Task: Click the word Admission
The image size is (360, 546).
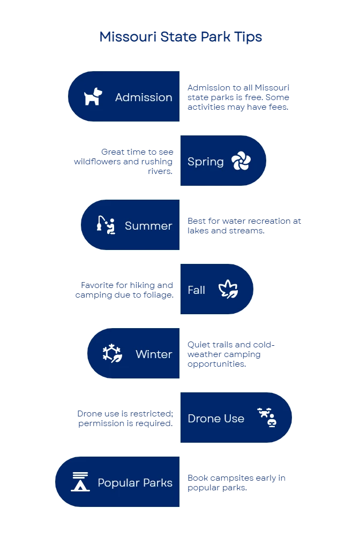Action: click(144, 97)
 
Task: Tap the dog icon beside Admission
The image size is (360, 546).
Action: click(93, 97)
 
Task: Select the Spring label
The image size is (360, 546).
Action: click(205, 162)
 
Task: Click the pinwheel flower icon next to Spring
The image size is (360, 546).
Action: click(241, 161)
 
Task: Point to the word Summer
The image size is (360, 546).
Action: click(148, 226)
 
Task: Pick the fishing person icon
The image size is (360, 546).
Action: click(106, 225)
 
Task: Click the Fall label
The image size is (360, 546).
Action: click(196, 290)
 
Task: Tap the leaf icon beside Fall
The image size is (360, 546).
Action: click(228, 290)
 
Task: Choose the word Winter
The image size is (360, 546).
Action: click(154, 354)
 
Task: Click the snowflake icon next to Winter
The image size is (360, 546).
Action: click(112, 354)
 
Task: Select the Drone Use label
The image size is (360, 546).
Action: click(216, 419)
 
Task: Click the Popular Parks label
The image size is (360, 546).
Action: click(135, 483)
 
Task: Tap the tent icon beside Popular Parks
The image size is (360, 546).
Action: click(80, 482)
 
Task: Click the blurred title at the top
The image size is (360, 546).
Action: click(181, 37)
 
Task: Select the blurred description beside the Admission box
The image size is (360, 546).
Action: click(238, 97)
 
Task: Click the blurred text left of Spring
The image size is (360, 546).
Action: click(124, 162)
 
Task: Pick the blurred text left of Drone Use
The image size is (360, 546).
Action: click(126, 418)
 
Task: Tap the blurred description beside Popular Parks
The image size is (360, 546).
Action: click(236, 483)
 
